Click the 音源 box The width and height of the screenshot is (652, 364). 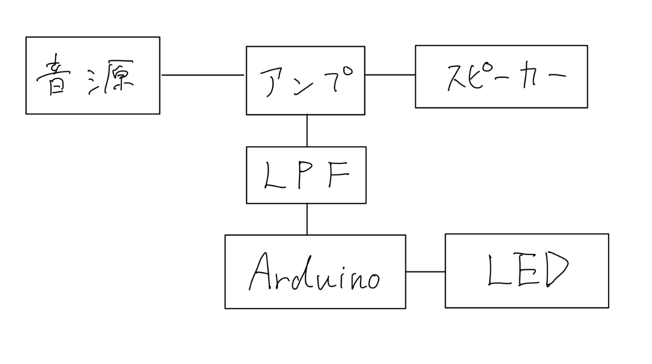coord(93,76)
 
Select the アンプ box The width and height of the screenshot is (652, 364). coord(306,80)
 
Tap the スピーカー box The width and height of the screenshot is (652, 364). coord(501,77)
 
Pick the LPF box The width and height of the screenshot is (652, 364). coord(306,175)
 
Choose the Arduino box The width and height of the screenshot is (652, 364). coord(315,272)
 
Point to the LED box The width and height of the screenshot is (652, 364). coord(527,271)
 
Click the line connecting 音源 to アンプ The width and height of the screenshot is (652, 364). coord(203,75)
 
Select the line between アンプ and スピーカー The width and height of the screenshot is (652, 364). coord(390,75)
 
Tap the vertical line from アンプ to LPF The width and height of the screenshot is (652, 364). coord(307,131)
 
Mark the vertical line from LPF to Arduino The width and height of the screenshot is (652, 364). coord(307,219)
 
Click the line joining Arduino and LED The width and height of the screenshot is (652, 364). coord(425,272)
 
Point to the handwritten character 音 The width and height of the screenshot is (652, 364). coord(54,75)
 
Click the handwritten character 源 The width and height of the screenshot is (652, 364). coord(111,77)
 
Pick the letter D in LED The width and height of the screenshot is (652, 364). coord(557,269)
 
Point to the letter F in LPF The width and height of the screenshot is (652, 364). coord(339,174)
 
